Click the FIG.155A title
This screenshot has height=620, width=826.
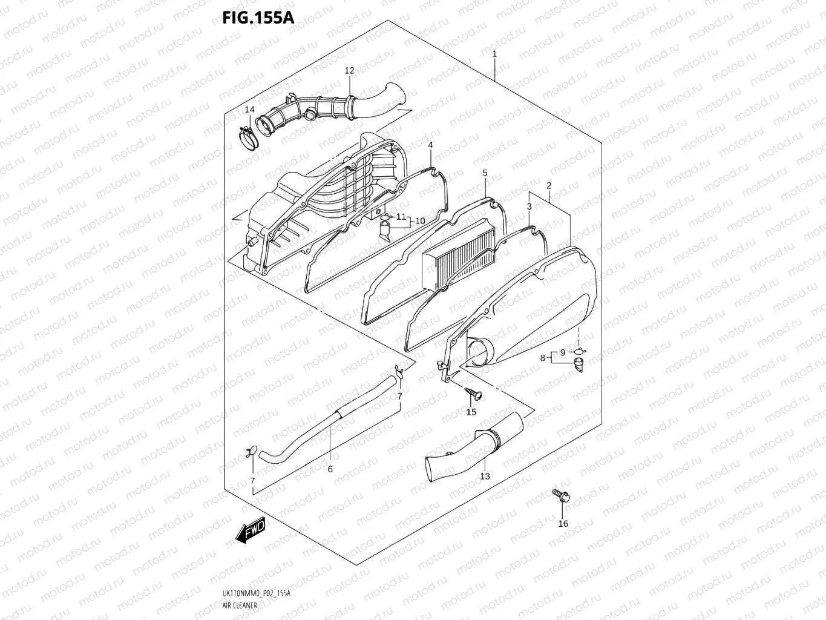[258, 17]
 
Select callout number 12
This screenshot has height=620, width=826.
[349, 71]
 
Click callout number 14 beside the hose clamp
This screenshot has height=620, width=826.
[250, 110]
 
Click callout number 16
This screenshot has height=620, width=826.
[563, 524]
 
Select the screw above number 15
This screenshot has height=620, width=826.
[474, 394]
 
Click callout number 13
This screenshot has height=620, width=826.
[485, 476]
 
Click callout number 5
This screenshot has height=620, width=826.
[485, 173]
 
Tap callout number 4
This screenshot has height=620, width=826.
[430, 145]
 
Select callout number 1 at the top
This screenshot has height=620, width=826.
[494, 54]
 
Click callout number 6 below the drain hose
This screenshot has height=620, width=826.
[330, 469]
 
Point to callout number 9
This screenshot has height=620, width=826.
[562, 352]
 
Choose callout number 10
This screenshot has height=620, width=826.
[420, 221]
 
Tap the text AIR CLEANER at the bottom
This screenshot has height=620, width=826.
[240, 605]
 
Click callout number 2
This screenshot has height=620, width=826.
[549, 185]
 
